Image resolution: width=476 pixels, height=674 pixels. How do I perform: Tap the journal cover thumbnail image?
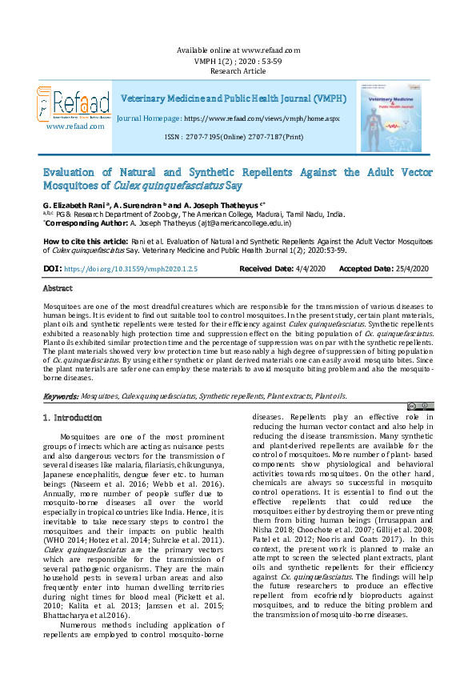(390, 117)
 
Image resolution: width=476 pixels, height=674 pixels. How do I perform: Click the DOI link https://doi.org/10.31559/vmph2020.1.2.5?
(130, 269)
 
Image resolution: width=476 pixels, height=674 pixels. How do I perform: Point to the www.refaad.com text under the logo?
(72, 126)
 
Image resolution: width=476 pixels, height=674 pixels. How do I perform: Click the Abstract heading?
(57, 288)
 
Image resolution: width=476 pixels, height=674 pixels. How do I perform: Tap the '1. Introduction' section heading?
(74, 418)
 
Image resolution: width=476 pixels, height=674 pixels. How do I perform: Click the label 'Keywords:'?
(60, 396)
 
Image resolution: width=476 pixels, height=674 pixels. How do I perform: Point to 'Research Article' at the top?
(237, 70)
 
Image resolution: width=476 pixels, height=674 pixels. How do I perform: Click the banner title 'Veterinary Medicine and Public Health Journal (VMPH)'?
(234, 98)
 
